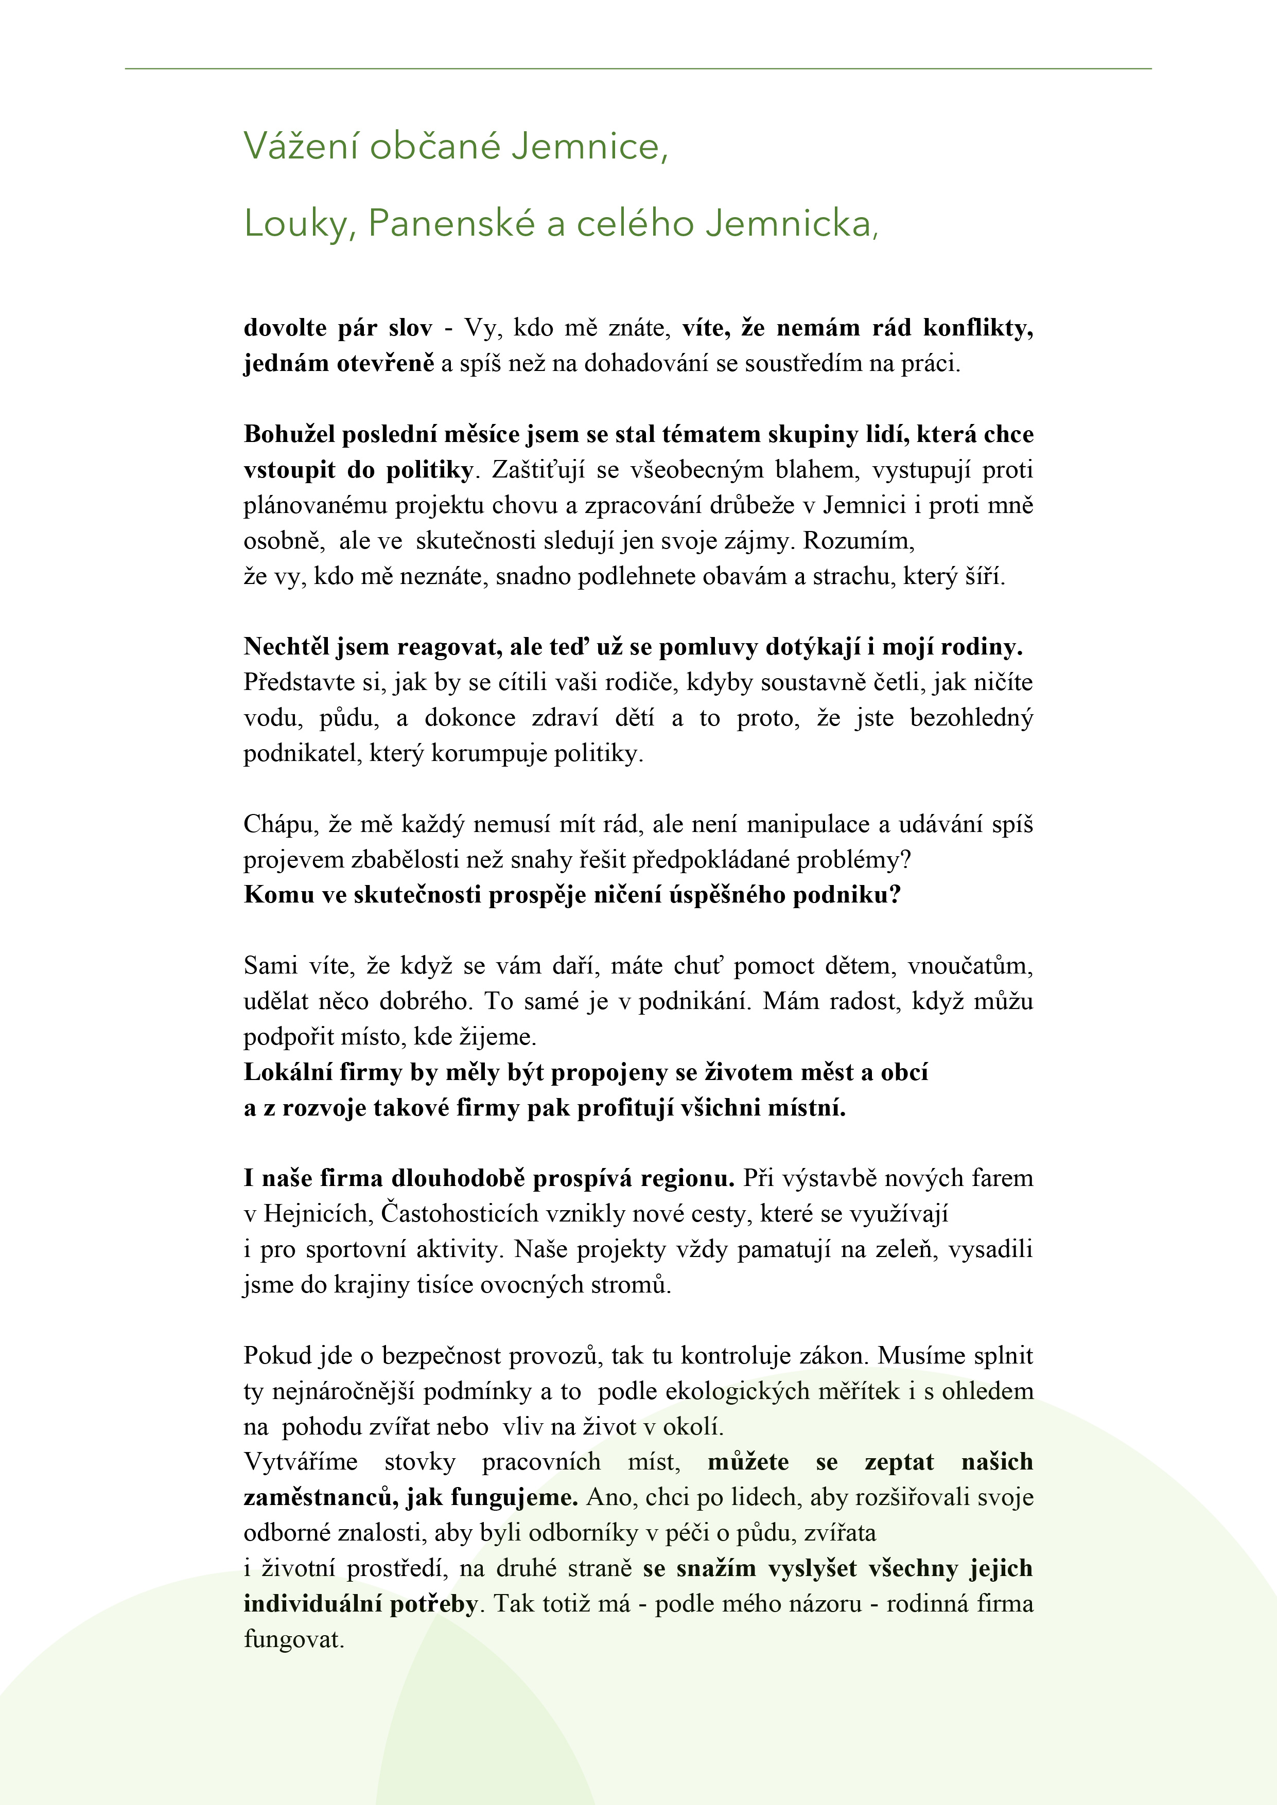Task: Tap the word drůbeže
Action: [x=753, y=505]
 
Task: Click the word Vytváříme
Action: [x=301, y=1462]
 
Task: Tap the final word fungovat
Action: [x=293, y=1640]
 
